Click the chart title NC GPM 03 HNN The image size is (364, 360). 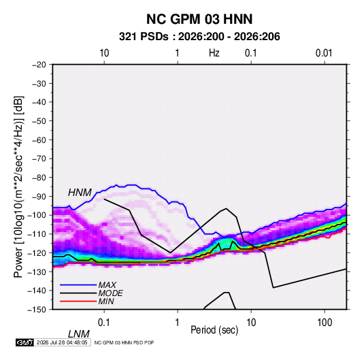click(x=199, y=19)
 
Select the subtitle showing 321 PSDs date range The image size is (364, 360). click(x=199, y=37)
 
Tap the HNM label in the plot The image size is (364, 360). click(x=80, y=193)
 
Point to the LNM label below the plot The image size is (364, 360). click(x=79, y=334)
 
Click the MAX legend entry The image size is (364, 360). click(x=107, y=284)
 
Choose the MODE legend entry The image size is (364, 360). click(x=110, y=293)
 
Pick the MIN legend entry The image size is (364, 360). click(x=106, y=301)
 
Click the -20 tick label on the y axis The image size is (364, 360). click(x=39, y=65)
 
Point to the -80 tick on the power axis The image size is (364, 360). click(x=39, y=178)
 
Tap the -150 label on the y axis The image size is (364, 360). click(x=37, y=310)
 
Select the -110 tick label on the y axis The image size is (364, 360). click(x=37, y=234)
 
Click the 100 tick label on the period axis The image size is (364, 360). click(x=325, y=323)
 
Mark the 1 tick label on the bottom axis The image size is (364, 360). click(x=178, y=323)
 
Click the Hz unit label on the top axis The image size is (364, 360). click(x=214, y=53)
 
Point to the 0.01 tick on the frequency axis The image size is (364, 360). click(x=324, y=53)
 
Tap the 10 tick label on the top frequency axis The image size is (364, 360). click(x=104, y=53)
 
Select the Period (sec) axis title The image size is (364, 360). click(x=214, y=330)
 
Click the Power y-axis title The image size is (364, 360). click(x=18, y=186)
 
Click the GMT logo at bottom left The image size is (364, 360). click(x=25, y=342)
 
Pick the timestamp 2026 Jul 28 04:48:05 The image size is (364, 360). click(x=62, y=342)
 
